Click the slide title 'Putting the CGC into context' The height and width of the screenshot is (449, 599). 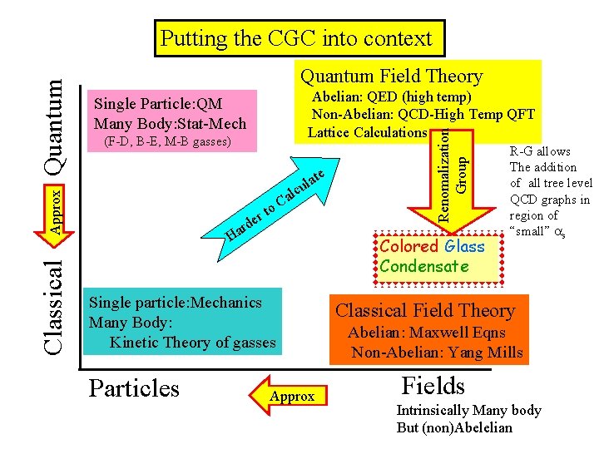296,38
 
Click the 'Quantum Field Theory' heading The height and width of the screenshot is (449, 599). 391,76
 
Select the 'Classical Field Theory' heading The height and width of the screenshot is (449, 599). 425,311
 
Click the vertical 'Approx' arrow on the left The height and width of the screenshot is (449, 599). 53,208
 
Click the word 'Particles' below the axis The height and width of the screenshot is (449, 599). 134,388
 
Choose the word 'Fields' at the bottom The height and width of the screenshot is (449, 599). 433,386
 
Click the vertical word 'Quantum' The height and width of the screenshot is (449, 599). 55,126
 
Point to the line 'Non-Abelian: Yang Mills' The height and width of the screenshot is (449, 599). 437,352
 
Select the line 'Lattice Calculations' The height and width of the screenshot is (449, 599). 367,132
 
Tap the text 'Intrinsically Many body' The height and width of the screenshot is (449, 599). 468,410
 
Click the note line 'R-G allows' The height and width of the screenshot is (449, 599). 540,151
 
